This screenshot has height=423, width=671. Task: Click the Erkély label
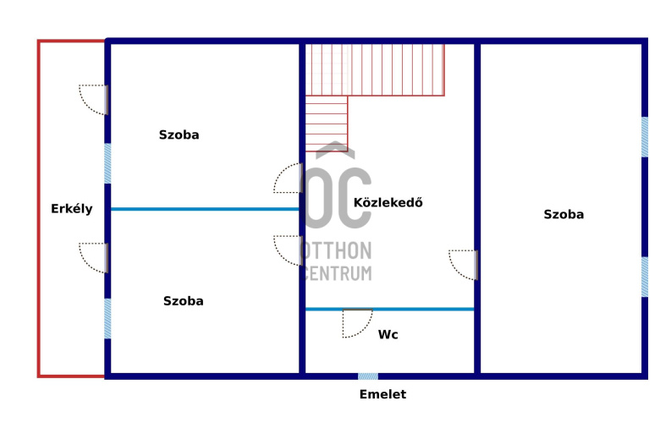[71, 209]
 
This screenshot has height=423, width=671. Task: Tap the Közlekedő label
[388, 203]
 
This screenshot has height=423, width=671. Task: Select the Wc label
[388, 335]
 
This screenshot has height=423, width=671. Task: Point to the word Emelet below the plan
[382, 394]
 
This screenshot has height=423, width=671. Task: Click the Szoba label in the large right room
[564, 215]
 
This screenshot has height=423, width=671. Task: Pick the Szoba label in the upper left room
[179, 135]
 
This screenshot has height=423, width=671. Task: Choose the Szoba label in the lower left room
[183, 300]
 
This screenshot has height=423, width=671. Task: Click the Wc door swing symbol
[357, 323]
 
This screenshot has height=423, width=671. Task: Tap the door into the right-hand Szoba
[465, 264]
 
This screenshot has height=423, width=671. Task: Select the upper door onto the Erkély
[94, 99]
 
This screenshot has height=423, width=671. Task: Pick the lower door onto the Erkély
[94, 257]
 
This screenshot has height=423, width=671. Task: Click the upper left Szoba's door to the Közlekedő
[289, 178]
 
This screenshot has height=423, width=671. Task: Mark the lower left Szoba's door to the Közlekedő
[289, 250]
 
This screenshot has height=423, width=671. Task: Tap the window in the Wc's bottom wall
[367, 376]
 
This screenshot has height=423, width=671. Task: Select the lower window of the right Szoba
[645, 277]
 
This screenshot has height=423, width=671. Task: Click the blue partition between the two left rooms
[205, 209]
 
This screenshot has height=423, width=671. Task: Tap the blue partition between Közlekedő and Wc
[423, 309]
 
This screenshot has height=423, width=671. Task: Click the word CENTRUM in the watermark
[336, 273]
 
